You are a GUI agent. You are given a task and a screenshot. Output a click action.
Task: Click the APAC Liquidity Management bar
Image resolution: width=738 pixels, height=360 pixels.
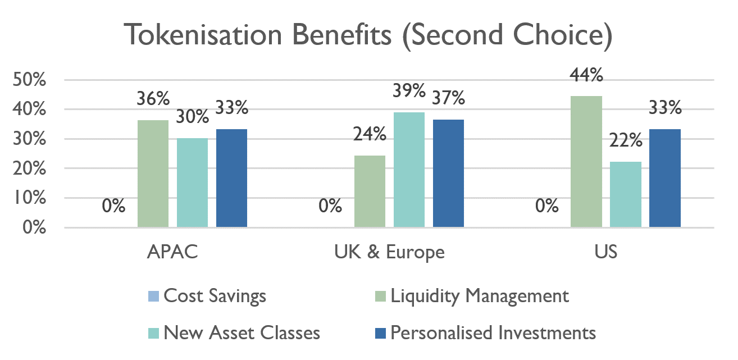(153, 174)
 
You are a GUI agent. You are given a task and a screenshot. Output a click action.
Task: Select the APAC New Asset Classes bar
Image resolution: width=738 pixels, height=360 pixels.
(192, 183)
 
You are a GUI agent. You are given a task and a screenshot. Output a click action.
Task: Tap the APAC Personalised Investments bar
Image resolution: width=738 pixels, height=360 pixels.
(231, 178)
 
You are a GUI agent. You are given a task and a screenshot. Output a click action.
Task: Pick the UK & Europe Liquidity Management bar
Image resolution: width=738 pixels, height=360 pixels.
(370, 191)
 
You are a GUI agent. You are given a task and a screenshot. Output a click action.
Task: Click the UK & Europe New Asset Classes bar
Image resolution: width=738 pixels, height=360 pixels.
(409, 170)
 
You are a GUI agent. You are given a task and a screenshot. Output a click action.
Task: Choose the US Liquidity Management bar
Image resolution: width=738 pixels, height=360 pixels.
(586, 162)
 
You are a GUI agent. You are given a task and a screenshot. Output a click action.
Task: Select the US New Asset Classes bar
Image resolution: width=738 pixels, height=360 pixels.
(626, 194)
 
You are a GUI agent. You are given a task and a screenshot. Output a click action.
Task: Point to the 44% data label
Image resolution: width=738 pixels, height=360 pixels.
(587, 74)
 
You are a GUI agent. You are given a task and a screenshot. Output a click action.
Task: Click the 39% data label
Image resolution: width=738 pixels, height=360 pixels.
(409, 90)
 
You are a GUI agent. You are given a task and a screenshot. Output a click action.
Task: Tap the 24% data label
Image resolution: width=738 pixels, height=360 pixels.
(370, 134)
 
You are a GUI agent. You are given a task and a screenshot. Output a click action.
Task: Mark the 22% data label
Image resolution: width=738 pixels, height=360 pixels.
(626, 140)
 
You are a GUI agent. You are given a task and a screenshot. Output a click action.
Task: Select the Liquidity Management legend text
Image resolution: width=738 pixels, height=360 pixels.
(480, 295)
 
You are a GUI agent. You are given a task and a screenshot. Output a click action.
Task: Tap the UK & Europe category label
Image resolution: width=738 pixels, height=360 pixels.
(389, 252)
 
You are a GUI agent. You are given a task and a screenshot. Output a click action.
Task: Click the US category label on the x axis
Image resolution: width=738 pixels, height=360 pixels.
(606, 252)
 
